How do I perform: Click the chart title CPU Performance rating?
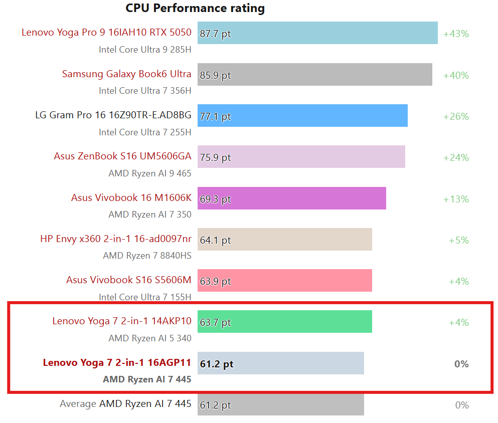click(195, 8)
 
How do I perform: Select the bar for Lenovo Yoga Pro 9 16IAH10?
click(317, 33)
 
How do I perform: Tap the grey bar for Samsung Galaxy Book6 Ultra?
click(314, 75)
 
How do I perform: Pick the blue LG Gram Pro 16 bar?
click(302, 116)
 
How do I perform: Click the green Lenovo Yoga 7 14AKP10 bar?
click(284, 322)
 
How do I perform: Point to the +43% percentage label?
click(456, 34)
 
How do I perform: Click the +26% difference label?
click(456, 116)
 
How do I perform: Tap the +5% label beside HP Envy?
click(458, 240)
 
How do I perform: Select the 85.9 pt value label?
click(215, 75)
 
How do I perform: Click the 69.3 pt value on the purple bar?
click(215, 199)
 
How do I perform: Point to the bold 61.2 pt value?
click(217, 364)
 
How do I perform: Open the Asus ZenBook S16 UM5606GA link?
click(122, 156)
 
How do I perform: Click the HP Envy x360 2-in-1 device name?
click(115, 239)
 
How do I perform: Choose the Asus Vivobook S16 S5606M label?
click(128, 280)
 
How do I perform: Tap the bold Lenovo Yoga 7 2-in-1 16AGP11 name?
click(117, 362)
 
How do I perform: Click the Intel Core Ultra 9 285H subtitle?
click(145, 49)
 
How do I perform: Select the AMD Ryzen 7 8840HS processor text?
click(147, 256)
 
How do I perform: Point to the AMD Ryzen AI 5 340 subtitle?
click(150, 338)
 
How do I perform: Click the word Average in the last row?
click(78, 403)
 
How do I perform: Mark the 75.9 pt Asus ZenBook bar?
click(301, 157)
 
